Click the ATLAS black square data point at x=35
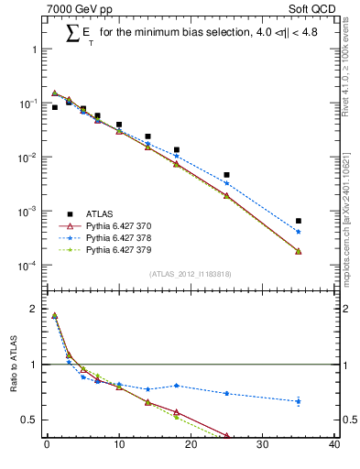tap(299, 221)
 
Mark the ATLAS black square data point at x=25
tap(226, 175)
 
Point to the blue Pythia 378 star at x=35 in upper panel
tap(299, 232)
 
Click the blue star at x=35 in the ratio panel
tap(299, 401)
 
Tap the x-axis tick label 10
tap(118, 446)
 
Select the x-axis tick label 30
tap(262, 446)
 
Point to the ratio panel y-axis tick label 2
tap(37, 309)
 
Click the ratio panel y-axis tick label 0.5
tap(33, 420)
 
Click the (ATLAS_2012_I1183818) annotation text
tap(190, 272)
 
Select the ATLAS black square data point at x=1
tap(54, 107)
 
